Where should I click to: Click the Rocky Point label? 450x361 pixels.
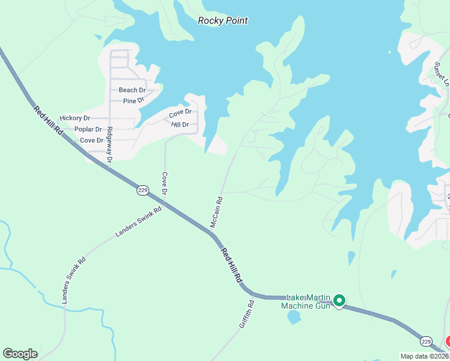pos(223,20)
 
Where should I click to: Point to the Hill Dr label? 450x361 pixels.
pos(180,125)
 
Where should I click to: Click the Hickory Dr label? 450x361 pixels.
pos(75,119)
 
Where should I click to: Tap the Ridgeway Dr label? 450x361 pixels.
pos(109,146)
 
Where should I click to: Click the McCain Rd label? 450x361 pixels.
pos(216,212)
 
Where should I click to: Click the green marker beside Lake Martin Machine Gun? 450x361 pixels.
pos(339,300)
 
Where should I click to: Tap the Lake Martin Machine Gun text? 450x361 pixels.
pos(307,301)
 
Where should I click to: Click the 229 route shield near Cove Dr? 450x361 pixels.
pos(142,190)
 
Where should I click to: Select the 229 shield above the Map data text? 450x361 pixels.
pos(427,341)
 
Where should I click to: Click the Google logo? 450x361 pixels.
pos(20,354)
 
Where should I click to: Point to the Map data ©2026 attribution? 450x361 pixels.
pos(425,356)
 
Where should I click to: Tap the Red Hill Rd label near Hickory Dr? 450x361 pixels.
pos(49,120)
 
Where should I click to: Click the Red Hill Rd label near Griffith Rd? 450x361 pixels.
pos(231,265)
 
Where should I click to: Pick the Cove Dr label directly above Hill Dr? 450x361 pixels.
pos(180,113)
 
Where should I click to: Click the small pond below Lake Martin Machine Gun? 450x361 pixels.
pos(294,317)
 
